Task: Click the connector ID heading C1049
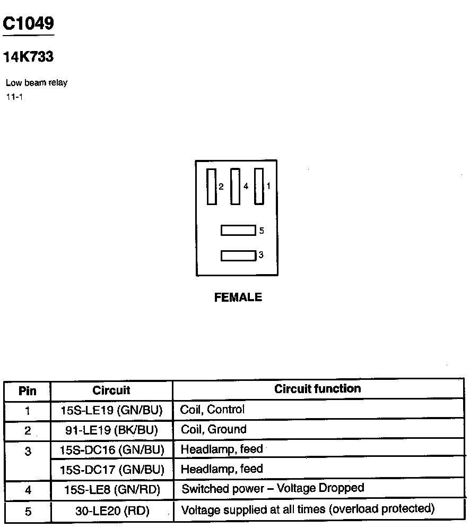coord(28,23)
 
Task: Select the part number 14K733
coord(28,57)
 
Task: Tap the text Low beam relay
coord(37,83)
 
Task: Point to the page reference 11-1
coord(14,97)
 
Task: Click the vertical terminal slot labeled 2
coord(212,186)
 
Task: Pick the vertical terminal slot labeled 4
coord(236,186)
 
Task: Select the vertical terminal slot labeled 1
coord(259,186)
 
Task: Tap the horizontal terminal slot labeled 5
coord(238,231)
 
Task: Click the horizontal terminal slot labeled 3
coord(238,256)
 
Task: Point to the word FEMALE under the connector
coord(238,297)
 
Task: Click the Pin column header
coord(28,392)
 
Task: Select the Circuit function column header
coord(317,389)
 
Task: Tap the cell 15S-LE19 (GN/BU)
coord(111,410)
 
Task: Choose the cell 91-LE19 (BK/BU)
coord(111,430)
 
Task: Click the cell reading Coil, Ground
coord(214,429)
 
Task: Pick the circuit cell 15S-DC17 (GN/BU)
coord(111,470)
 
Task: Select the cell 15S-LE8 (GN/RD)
coord(111,489)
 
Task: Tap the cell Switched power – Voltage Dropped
coord(273,488)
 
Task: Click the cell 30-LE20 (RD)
coord(111,511)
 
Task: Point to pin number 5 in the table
coord(28,512)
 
